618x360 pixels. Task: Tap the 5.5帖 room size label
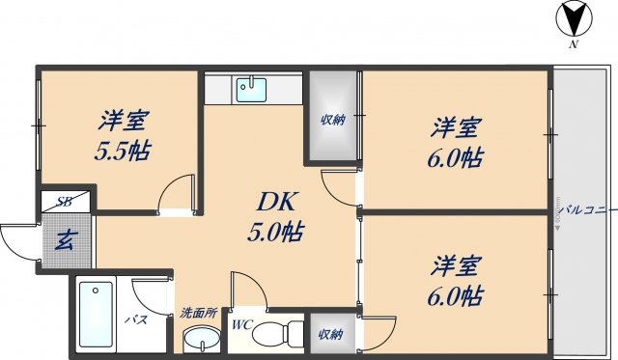pyautogui.click(x=123, y=152)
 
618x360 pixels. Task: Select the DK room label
pyautogui.click(x=277, y=201)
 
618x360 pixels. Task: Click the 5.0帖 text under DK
pyautogui.click(x=276, y=232)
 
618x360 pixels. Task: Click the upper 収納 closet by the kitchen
pyautogui.click(x=331, y=120)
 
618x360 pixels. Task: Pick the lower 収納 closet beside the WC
pyautogui.click(x=330, y=333)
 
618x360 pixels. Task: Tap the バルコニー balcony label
pyautogui.click(x=587, y=208)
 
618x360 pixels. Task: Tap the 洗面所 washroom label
pyautogui.click(x=199, y=313)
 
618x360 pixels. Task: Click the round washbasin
pyautogui.click(x=201, y=339)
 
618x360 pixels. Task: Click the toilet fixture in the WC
pyautogui.click(x=280, y=333)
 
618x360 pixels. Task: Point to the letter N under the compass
pyautogui.click(x=574, y=44)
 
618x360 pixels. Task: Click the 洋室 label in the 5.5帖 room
pyautogui.click(x=122, y=122)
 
